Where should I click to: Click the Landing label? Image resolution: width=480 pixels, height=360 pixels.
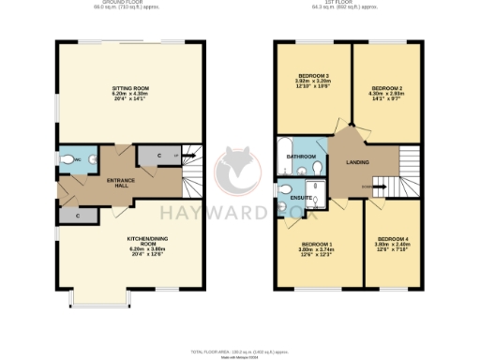point(357,162)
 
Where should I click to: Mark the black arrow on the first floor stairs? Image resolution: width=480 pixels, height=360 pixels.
point(380,187)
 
